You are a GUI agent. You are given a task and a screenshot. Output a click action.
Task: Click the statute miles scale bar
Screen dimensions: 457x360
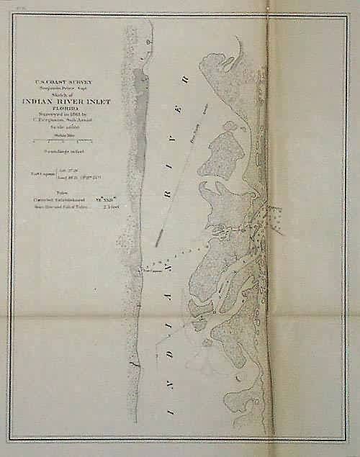point(65,143)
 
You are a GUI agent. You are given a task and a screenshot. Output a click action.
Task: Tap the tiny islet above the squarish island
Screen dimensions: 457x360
point(230,125)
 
